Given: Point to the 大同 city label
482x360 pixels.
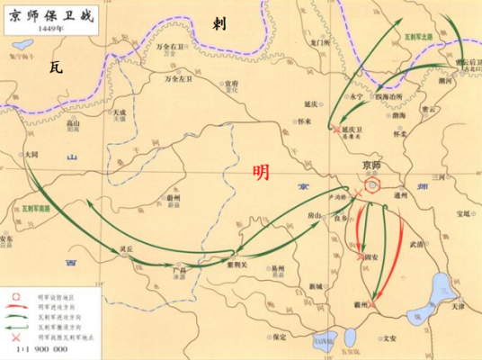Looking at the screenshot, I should click(x=32, y=155).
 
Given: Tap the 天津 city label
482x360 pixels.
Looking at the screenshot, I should click(x=457, y=307).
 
